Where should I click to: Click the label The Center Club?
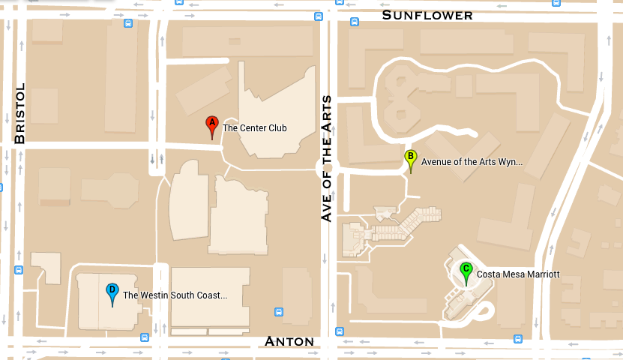[x=255, y=128]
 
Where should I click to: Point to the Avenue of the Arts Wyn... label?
[x=472, y=161]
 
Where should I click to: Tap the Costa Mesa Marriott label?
[x=518, y=274]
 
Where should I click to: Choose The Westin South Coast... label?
[x=175, y=295]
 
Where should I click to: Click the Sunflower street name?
[x=427, y=15]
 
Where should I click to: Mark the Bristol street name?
[x=19, y=113]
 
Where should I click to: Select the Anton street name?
[x=289, y=341]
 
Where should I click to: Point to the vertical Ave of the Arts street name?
[x=326, y=157]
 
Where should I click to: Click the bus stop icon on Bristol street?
[x=18, y=269]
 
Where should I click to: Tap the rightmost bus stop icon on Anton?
[x=518, y=339]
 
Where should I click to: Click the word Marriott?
[x=542, y=274]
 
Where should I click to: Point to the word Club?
[x=277, y=128]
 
